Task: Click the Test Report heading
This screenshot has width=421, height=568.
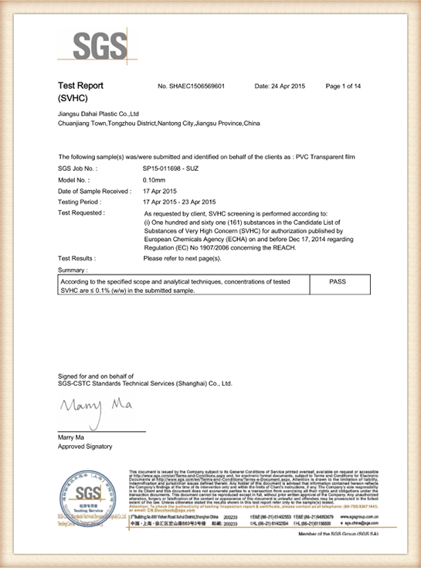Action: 80,85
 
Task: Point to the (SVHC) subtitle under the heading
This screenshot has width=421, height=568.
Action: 74,100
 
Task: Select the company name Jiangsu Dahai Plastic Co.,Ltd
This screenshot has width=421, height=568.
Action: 97,114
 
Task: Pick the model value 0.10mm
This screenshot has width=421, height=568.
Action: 155,179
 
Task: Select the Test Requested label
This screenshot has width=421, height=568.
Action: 82,212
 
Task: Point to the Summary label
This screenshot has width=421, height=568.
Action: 73,270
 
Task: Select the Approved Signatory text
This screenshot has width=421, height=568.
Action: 85,447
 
